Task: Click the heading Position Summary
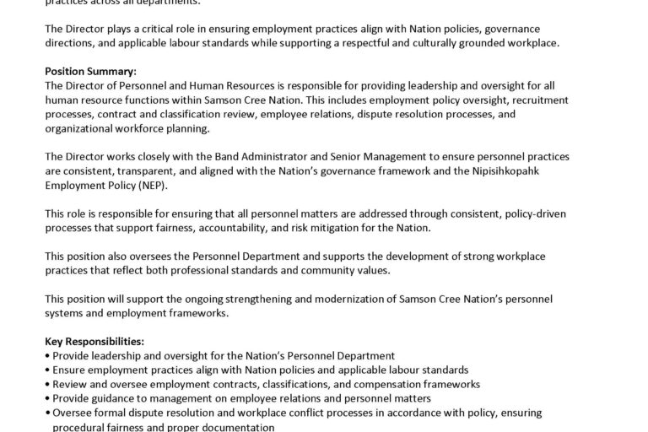click(90, 71)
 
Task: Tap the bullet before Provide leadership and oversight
click(46, 356)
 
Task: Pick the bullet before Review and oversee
click(46, 384)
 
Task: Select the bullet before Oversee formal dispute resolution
click(46, 413)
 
